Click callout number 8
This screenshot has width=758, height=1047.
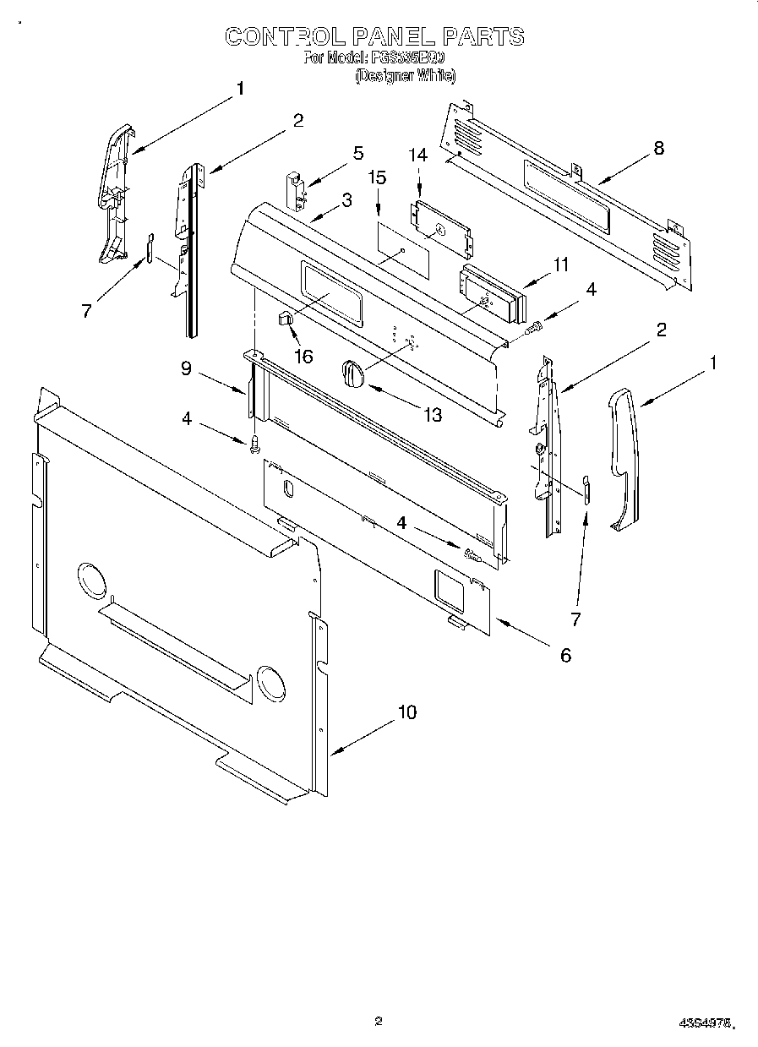(658, 149)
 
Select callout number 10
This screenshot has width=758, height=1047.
(406, 713)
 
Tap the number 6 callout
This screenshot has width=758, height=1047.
(565, 655)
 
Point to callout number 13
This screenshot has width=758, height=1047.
(433, 416)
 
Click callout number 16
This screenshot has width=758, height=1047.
(303, 357)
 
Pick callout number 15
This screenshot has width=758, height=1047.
(377, 177)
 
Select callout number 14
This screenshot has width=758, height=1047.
(418, 155)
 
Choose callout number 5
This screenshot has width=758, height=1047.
(358, 153)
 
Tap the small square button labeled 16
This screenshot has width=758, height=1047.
(285, 318)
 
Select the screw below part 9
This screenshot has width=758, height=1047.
(254, 444)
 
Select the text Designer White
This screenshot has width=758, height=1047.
(406, 76)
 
